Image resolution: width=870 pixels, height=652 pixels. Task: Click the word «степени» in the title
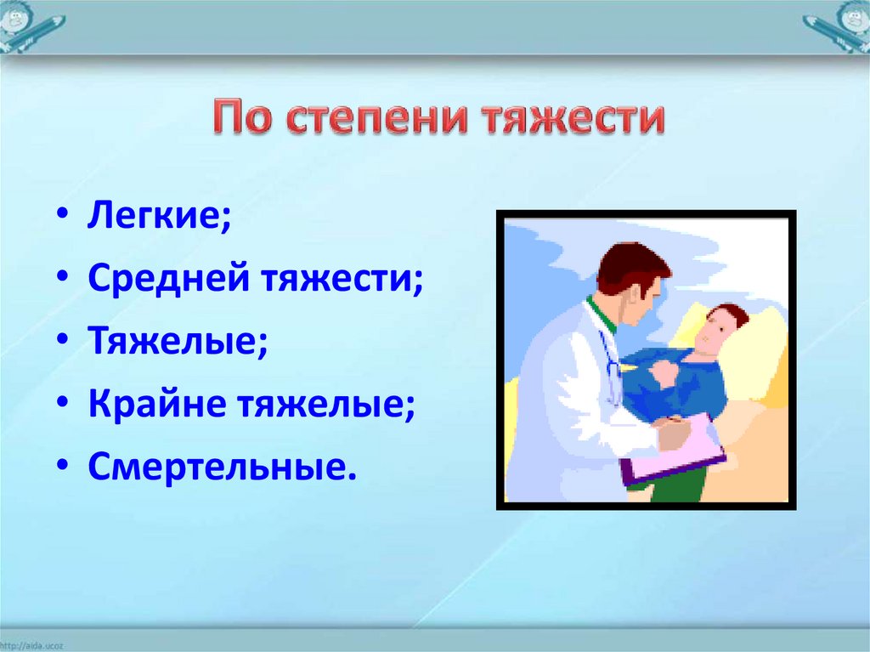pyautogui.click(x=380, y=118)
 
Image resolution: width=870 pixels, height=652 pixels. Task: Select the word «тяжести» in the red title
pyautogui.click(x=573, y=118)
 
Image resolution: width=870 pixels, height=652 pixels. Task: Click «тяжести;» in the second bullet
pyautogui.click(x=342, y=278)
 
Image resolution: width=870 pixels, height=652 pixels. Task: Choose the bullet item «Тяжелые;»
pyautogui.click(x=178, y=340)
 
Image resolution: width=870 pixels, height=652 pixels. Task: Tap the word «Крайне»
pyautogui.click(x=157, y=403)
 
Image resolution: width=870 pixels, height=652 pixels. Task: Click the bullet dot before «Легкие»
pyautogui.click(x=62, y=215)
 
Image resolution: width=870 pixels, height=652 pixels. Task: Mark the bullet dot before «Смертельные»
pyautogui.click(x=62, y=466)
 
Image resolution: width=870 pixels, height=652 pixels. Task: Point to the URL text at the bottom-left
pyautogui.click(x=31, y=646)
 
